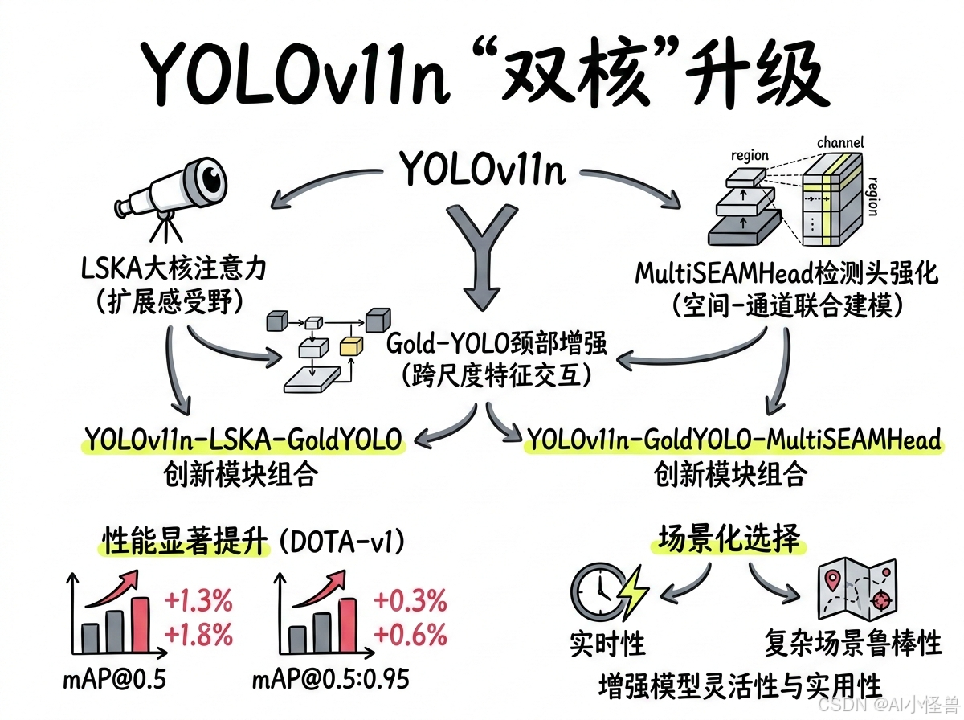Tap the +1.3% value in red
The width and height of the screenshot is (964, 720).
pyautogui.click(x=198, y=601)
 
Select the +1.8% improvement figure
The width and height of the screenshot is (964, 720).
pyautogui.click(x=198, y=635)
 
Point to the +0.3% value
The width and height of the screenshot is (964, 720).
pyautogui.click(x=411, y=601)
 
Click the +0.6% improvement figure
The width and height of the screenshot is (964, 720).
pyautogui.click(x=411, y=635)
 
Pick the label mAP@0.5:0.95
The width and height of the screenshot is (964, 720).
pyautogui.click(x=330, y=680)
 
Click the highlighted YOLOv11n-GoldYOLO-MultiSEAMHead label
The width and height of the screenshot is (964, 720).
pyautogui.click(x=732, y=440)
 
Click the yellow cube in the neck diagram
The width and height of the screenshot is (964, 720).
pyautogui.click(x=352, y=346)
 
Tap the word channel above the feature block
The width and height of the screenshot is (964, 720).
pyautogui.click(x=840, y=143)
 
